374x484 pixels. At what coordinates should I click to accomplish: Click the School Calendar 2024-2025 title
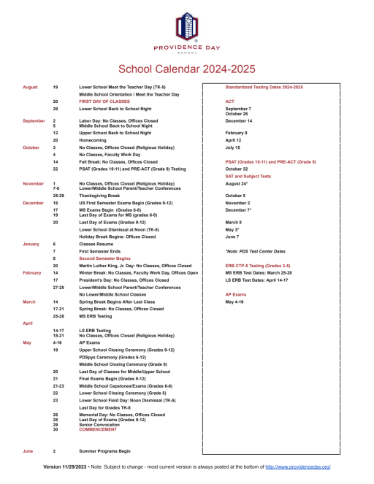pos(186,69)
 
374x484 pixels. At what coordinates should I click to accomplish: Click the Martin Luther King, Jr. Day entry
pos(135,265)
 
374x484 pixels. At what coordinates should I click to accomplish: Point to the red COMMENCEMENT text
pos(102,429)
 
